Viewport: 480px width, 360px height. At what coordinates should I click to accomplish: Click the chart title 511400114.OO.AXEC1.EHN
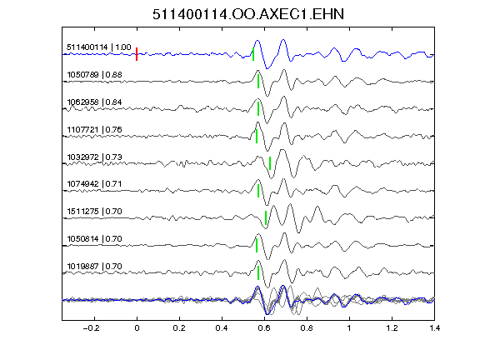click(248, 14)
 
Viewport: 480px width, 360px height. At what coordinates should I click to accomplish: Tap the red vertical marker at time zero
click(137, 54)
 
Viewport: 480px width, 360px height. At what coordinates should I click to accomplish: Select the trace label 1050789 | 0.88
click(94, 75)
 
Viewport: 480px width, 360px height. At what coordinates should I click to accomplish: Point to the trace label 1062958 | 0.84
click(94, 102)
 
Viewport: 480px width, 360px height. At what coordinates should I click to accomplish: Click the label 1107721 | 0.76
click(94, 129)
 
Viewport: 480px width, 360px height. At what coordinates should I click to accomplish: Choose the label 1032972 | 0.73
click(94, 157)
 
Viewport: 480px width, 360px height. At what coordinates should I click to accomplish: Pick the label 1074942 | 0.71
click(94, 184)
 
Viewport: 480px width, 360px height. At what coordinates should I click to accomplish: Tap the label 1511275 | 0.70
click(94, 212)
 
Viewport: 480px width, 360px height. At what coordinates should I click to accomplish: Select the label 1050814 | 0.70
click(94, 239)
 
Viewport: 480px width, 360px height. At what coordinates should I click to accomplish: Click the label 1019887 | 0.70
click(94, 267)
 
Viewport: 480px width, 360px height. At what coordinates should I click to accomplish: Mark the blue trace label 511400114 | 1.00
click(98, 47)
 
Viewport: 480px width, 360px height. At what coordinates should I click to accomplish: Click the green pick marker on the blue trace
click(253, 54)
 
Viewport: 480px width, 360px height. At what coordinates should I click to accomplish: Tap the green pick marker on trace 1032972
click(270, 163)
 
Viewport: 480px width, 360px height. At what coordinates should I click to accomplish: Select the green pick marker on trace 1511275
click(266, 217)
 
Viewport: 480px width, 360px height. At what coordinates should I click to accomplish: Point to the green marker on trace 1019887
click(258, 272)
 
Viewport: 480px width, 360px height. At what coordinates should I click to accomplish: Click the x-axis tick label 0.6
click(264, 328)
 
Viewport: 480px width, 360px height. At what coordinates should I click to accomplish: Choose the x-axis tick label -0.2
click(92, 328)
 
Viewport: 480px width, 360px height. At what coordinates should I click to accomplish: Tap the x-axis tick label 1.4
click(434, 328)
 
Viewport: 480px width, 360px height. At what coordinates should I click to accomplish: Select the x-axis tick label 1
click(349, 328)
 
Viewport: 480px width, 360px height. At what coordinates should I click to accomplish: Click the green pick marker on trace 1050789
click(258, 82)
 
